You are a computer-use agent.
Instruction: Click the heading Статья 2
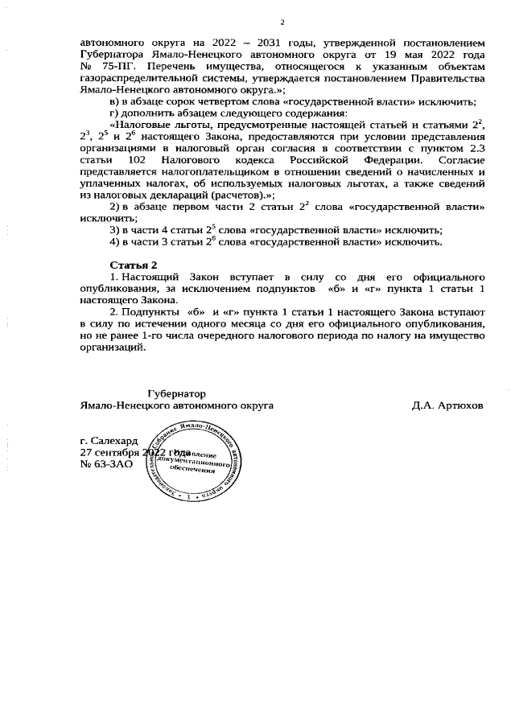(134, 265)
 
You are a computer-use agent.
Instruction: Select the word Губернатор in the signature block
(177, 393)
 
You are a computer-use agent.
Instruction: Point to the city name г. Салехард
(109, 441)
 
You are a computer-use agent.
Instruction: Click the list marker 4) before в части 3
(114, 241)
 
